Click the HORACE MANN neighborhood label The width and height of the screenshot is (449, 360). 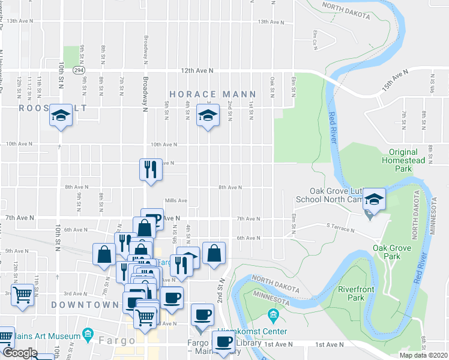[x=212, y=95]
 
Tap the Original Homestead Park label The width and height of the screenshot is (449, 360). [x=407, y=160]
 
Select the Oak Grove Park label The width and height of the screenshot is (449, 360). [x=391, y=252]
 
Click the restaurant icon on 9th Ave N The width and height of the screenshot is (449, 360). [x=149, y=169]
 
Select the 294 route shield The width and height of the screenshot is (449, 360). [x=79, y=70]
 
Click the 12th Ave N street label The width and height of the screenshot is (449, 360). [x=198, y=71]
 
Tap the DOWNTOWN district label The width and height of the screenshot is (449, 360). [x=85, y=305]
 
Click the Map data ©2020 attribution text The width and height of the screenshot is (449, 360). [x=420, y=355]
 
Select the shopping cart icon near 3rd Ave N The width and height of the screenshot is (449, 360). [x=23, y=295]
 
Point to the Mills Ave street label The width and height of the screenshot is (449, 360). [x=176, y=200]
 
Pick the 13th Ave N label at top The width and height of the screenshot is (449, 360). [x=270, y=22]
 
